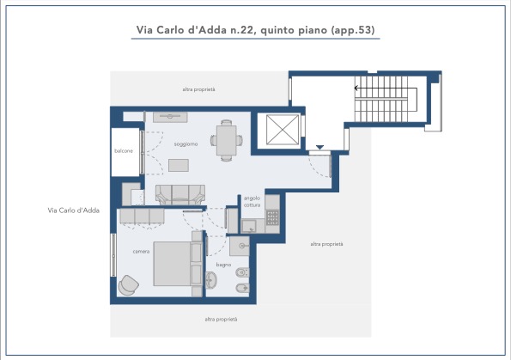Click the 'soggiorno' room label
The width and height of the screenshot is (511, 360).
point(186,143)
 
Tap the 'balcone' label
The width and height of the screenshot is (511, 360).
point(124,150)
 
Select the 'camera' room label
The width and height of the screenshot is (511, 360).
point(141,252)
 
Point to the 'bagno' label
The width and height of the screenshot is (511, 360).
point(223,265)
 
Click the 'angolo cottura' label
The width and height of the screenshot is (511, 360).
point(252,202)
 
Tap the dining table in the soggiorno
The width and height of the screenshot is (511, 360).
point(227,141)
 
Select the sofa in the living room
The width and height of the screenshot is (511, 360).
point(180,195)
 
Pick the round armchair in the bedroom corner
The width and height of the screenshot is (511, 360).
point(129,285)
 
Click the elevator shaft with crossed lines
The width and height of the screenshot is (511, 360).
point(283,130)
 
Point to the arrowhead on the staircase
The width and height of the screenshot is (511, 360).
point(356,88)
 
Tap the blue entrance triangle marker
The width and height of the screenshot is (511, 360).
point(319,148)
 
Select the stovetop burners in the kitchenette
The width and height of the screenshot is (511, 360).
point(272,217)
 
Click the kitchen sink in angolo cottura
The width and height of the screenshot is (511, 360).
point(249,226)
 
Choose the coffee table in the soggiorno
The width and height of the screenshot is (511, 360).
point(179,165)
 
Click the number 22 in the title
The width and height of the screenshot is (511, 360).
point(246,30)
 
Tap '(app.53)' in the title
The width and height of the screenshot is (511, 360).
point(353,30)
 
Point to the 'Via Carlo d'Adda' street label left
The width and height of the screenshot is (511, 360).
point(73,211)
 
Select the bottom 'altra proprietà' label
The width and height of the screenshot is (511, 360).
point(221,320)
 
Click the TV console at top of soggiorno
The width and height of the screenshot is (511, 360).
point(170,117)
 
